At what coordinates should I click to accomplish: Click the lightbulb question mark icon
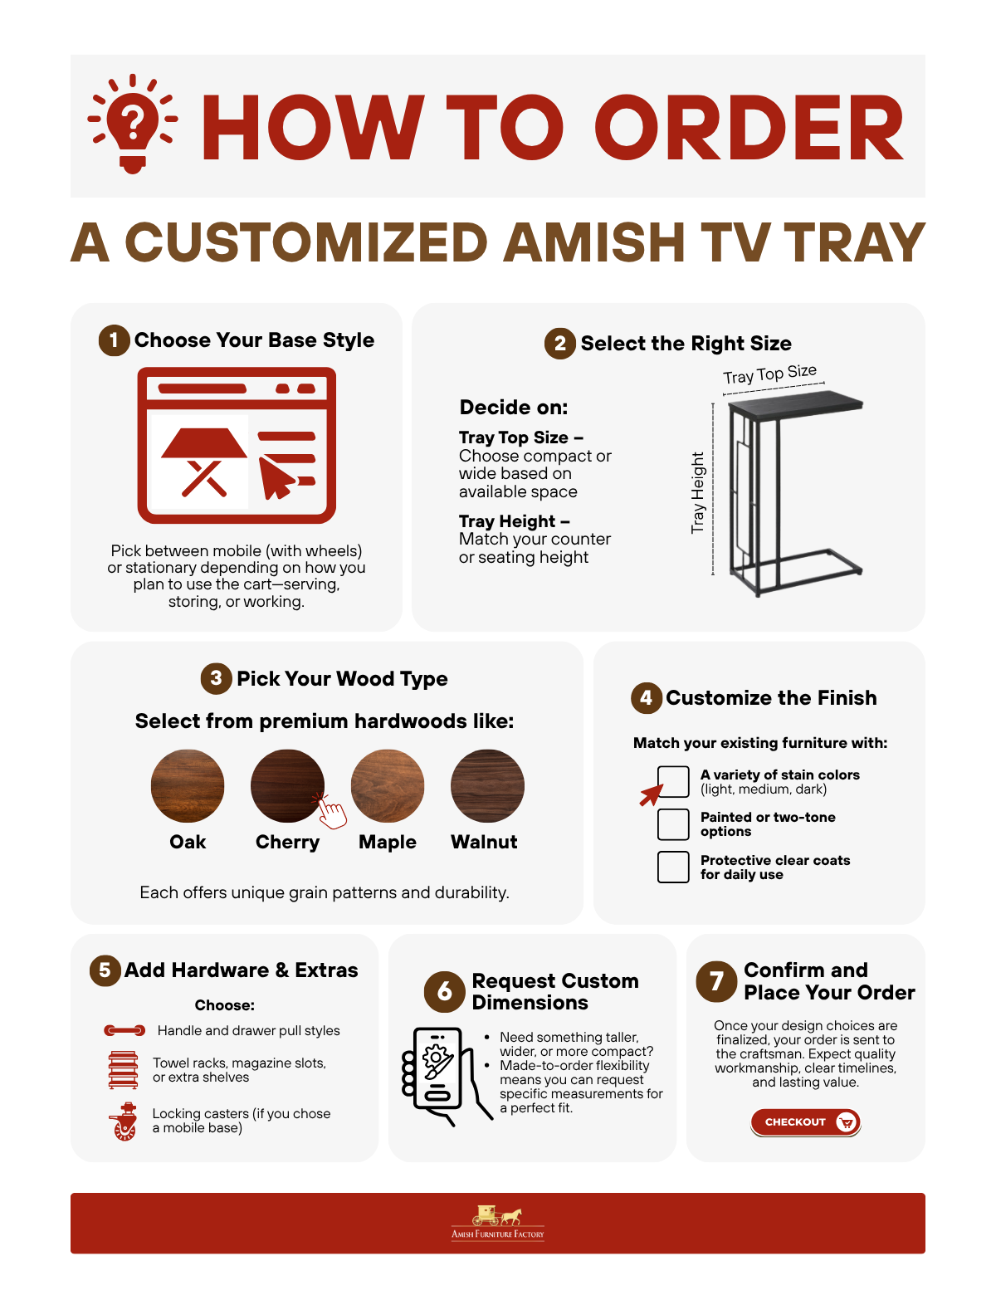click(132, 124)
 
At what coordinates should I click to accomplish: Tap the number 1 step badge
click(114, 340)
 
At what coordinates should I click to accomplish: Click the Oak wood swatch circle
click(187, 785)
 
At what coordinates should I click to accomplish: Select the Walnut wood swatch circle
click(487, 785)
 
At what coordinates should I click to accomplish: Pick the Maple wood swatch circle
click(388, 785)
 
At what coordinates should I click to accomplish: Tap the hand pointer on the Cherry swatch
click(330, 811)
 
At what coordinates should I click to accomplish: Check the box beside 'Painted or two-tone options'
click(673, 824)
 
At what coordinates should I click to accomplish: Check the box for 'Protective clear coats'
click(673, 867)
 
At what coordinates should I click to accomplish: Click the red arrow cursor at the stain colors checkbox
click(651, 794)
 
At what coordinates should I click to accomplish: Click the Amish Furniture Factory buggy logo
click(497, 1223)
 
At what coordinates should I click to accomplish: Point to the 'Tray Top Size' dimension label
click(769, 374)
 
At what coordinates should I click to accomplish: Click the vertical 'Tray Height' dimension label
click(697, 492)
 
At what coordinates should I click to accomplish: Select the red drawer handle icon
click(124, 1030)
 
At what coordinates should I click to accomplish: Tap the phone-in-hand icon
click(446, 1077)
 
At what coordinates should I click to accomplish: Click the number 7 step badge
click(716, 981)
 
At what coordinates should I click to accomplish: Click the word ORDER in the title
click(749, 128)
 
